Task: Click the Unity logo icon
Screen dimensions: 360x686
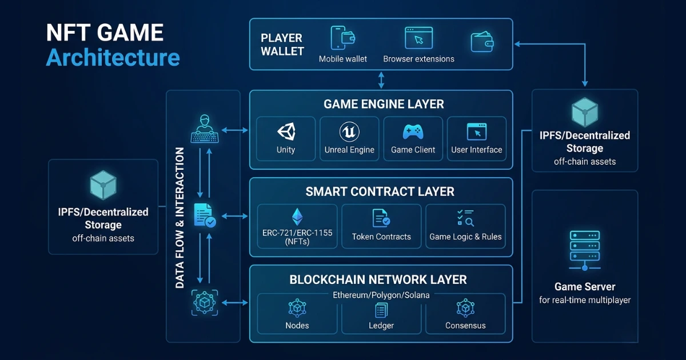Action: (x=286, y=132)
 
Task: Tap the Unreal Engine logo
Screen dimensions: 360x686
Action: (x=349, y=132)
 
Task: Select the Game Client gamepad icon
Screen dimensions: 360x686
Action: (x=413, y=132)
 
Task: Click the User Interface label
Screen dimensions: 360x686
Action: (x=476, y=150)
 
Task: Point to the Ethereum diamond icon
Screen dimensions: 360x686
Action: (x=297, y=217)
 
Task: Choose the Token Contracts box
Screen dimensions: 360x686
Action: (x=381, y=226)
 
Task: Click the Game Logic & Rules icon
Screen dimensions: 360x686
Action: (x=465, y=218)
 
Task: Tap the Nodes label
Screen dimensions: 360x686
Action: (x=297, y=325)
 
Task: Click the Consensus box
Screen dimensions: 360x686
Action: (x=465, y=314)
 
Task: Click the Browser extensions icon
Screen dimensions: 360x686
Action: (x=418, y=38)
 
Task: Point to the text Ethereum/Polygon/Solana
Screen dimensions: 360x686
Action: (x=381, y=295)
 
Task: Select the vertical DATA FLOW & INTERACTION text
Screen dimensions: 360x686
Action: (x=180, y=217)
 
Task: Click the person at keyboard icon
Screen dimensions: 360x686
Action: (x=204, y=129)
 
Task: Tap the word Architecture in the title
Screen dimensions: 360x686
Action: (x=113, y=58)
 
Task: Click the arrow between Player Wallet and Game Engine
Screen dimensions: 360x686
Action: (x=381, y=79)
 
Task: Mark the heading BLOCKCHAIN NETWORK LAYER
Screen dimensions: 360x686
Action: (x=378, y=279)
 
